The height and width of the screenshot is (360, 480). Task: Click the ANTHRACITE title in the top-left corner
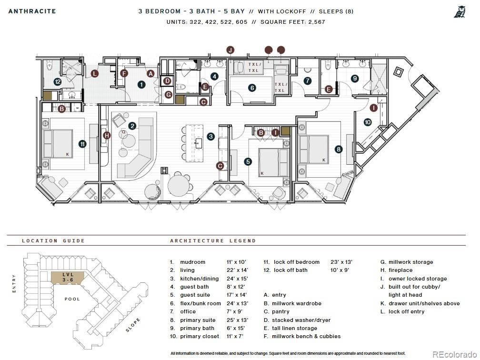32,11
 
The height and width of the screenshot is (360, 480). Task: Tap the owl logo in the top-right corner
459,11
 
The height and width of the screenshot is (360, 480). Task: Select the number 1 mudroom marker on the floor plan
141,85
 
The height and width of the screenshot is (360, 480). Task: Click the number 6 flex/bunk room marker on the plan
252,88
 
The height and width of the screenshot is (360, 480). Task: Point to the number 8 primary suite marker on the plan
339,149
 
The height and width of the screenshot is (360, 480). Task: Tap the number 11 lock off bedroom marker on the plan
82,143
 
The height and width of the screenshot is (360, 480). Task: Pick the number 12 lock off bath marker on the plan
58,82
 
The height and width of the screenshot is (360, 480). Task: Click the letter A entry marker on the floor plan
151,73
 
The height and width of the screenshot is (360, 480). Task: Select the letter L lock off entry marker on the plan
95,73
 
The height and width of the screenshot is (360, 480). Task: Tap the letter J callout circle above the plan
230,50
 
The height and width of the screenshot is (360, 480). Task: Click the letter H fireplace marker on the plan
107,135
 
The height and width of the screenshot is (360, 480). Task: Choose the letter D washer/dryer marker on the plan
167,81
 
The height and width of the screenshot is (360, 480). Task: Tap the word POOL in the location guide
72,299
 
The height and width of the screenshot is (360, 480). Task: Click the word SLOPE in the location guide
133,326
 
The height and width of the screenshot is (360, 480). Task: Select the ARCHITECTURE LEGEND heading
213,240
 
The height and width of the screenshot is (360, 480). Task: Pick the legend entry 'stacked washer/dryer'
301,320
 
